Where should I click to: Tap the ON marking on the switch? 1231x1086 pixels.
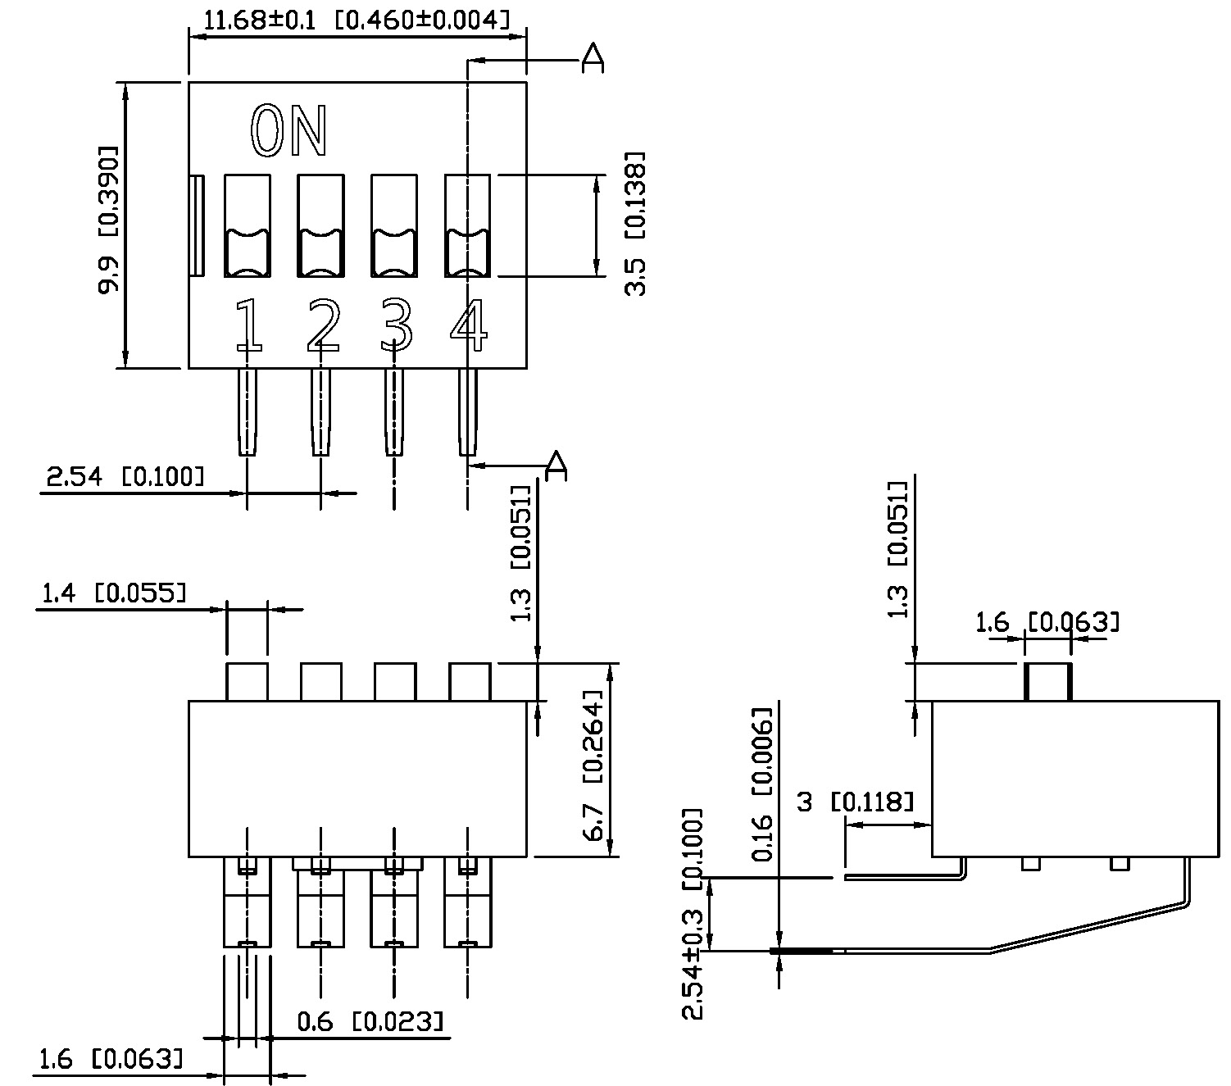coord(289,131)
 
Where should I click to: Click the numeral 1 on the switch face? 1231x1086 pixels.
coord(248,325)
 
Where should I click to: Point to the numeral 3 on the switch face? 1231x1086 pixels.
coord(396,325)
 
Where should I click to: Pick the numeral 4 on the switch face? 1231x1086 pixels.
coord(469,325)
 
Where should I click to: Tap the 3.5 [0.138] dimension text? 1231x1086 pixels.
coord(636,223)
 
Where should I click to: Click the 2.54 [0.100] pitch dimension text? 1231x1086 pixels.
coord(125,477)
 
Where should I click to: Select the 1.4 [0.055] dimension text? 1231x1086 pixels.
coord(113,593)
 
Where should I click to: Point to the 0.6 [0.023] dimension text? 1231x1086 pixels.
coord(370,1021)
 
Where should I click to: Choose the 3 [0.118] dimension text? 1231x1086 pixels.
coord(854,802)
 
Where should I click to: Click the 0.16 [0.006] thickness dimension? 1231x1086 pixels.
coord(762,784)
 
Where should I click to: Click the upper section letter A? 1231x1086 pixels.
coord(592,58)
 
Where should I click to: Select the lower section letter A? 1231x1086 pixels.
coord(556,464)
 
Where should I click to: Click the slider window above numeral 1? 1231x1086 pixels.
coord(248,226)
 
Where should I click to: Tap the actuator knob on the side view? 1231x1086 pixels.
coord(1047,682)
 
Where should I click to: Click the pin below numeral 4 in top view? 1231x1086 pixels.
coord(468,411)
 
